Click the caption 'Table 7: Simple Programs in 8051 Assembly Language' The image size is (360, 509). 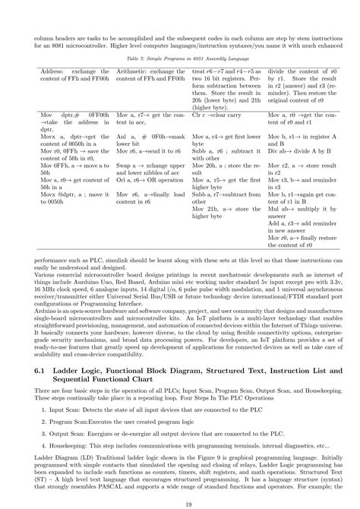coord(180,57)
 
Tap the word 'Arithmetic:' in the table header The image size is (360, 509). coord(131,70)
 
